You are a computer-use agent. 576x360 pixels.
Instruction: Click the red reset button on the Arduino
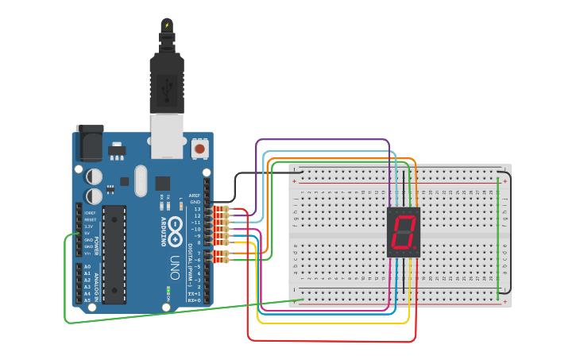coord(199,148)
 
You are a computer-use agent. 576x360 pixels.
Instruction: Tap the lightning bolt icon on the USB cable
coord(167,25)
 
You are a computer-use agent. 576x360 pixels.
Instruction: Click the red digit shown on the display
coord(403,231)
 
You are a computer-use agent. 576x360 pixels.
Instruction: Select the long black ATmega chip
coord(114,254)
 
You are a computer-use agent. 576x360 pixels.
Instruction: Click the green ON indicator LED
coord(168,292)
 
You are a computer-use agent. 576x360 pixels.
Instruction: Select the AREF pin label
coord(195,195)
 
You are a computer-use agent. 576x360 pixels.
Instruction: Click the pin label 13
coord(196,209)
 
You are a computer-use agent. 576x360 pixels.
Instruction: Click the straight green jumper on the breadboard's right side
coord(498,238)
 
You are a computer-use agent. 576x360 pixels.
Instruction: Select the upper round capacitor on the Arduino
coord(95,176)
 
